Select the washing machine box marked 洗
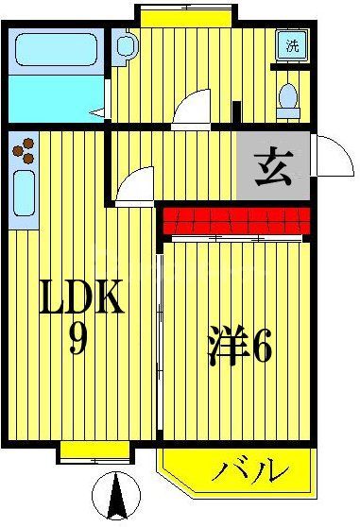pyautogui.click(x=292, y=45)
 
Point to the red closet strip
pyautogui.click(x=235, y=223)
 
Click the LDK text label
pyautogui.click(x=81, y=301)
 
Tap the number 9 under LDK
pyautogui.click(x=79, y=341)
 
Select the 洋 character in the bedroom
pyautogui.click(x=226, y=348)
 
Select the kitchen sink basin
pyautogui.click(x=24, y=195)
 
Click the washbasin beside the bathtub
pyautogui.click(x=124, y=46)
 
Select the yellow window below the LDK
pyautogui.click(x=82, y=451)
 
